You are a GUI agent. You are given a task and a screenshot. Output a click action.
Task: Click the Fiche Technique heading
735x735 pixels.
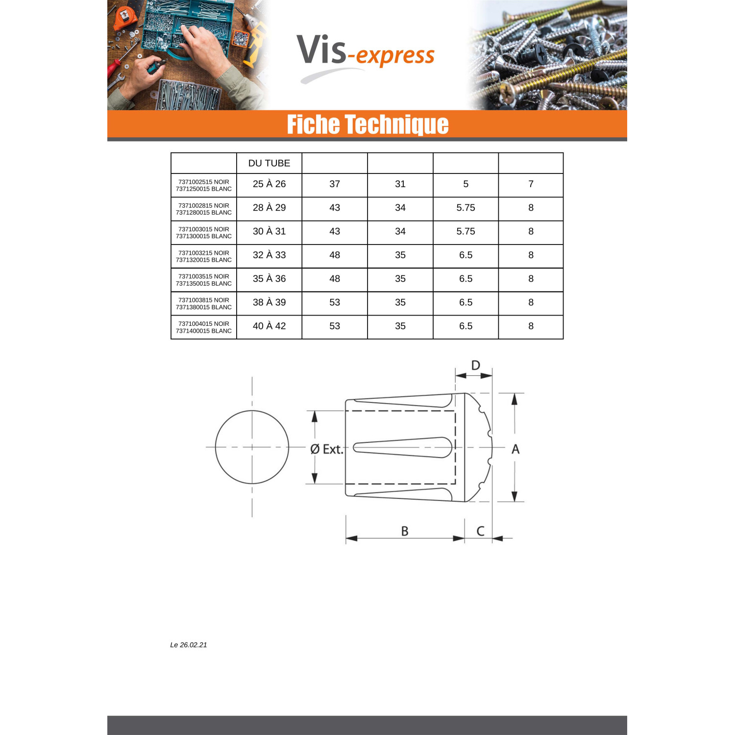[367, 124]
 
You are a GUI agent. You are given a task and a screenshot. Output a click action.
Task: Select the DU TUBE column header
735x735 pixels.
[269, 163]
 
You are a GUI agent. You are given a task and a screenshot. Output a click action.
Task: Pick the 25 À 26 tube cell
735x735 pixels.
[269, 184]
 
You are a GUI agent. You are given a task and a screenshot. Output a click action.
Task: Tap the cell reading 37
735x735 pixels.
[335, 184]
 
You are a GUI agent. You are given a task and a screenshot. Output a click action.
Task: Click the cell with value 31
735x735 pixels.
[400, 184]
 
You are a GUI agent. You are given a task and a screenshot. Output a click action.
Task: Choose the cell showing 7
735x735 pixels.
[531, 184]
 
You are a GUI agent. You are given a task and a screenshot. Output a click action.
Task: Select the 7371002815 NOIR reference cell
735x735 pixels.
[204, 209]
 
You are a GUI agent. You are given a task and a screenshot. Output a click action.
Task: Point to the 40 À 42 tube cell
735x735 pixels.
[269, 326]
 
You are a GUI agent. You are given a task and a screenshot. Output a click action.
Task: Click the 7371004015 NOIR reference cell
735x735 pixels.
[204, 327]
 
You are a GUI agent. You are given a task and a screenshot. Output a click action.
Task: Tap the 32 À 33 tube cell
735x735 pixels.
[269, 255]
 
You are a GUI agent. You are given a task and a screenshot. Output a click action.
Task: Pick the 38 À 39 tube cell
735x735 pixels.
[269, 302]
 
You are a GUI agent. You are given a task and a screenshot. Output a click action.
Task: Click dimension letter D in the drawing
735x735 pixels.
[475, 365]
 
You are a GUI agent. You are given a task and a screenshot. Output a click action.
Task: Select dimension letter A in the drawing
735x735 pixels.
[515, 449]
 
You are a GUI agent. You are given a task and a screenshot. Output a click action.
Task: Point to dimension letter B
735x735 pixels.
[405, 531]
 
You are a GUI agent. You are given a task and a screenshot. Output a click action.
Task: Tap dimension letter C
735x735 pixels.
[480, 531]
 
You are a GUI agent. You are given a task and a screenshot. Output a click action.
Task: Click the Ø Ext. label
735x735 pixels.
[326, 449]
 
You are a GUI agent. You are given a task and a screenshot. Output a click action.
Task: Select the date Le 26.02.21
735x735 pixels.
[189, 645]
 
